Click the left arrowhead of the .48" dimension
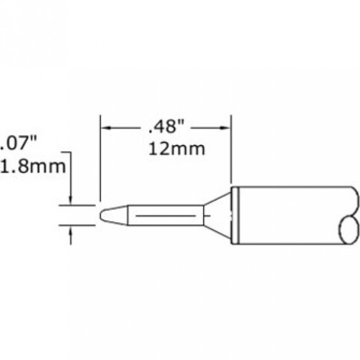(105, 128)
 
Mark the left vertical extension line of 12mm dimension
(100, 159)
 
